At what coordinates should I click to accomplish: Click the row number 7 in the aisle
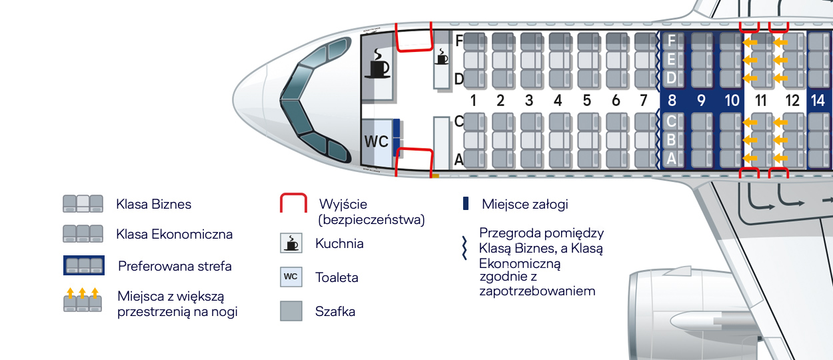click(x=643, y=101)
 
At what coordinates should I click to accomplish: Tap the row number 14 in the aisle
click(x=818, y=101)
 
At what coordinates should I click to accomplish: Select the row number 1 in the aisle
click(x=472, y=101)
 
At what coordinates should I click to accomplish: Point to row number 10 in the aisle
click(x=732, y=101)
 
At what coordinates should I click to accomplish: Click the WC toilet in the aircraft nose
click(x=376, y=142)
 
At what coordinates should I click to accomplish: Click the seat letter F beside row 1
click(x=458, y=41)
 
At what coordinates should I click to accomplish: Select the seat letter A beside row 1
click(x=458, y=159)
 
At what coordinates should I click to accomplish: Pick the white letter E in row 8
click(x=671, y=59)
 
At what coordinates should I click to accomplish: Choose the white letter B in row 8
click(x=671, y=140)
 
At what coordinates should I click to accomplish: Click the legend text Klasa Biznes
click(x=153, y=205)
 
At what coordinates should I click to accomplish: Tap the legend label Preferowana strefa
click(x=175, y=267)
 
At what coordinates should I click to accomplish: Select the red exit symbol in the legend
click(x=293, y=204)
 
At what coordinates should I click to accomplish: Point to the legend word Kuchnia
click(x=339, y=243)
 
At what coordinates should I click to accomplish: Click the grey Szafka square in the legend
click(x=291, y=311)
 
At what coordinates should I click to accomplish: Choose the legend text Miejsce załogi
click(x=524, y=205)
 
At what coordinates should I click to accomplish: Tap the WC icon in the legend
click(x=291, y=277)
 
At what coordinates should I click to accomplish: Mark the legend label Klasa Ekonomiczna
click(x=174, y=235)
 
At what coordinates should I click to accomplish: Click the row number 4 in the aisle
click(x=558, y=101)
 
